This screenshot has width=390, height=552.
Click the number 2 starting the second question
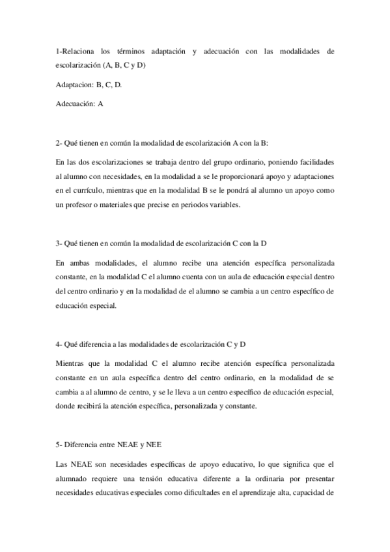58,143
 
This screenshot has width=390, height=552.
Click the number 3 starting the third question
58,244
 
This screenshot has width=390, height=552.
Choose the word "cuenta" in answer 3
185,277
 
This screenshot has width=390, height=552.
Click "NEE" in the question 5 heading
154,445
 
